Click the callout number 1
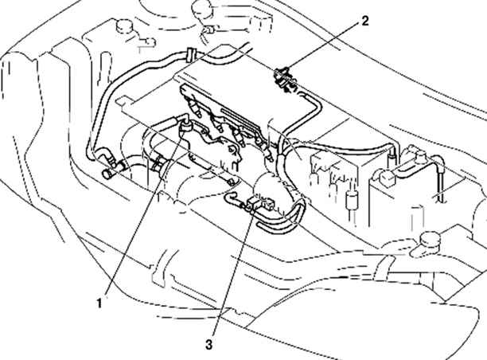click(99, 303)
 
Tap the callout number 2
click(365, 22)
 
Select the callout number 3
click(209, 344)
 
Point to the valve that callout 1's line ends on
click(186, 127)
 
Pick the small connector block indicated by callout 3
click(260, 204)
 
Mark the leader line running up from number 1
click(144, 213)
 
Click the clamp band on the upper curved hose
click(191, 55)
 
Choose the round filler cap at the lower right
click(430, 239)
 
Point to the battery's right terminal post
click(420, 158)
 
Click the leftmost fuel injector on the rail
click(196, 109)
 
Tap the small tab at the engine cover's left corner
click(124, 101)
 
